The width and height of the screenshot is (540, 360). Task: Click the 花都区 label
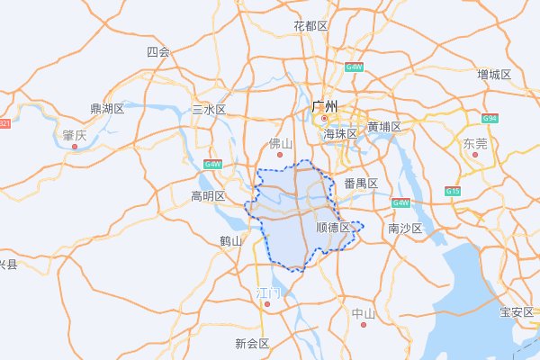pos(310,26)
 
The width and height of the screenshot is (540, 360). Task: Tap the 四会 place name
pos(157,52)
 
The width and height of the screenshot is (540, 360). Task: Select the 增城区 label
pos(494,74)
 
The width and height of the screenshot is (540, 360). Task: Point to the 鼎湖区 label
pos(107,109)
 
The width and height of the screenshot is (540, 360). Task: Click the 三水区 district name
pos(209,110)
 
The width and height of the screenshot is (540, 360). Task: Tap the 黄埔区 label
pos(384,127)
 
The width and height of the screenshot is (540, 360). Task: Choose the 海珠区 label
pos(341,133)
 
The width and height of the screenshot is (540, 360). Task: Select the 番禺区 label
pos(360,184)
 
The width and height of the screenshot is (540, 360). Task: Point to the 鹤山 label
pos(231,240)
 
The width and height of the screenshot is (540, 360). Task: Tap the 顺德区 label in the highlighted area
pos(333,228)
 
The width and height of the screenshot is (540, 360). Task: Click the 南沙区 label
pos(405,229)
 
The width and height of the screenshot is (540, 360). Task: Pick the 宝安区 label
pos(517,312)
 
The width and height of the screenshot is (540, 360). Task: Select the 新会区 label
pos(252,343)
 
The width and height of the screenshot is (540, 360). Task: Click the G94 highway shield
pos(490,119)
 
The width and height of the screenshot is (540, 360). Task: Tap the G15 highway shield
pos(452,192)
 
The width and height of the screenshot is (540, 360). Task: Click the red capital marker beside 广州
pos(324,119)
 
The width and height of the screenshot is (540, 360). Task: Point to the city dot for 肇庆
pos(75,146)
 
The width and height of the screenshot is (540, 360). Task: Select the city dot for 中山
pos(364,324)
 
